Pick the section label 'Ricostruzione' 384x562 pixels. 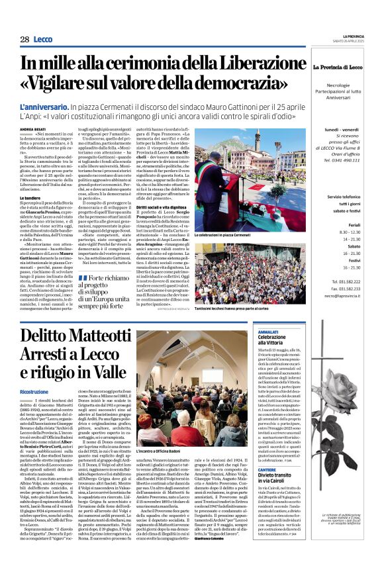tap(34, 393)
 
